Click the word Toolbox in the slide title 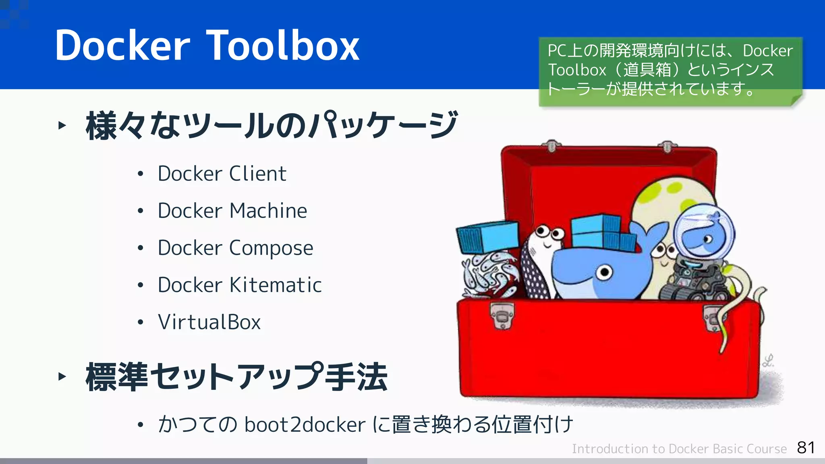pyautogui.click(x=283, y=46)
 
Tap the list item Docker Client pyautogui.click(x=222, y=174)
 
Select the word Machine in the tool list pyautogui.click(x=268, y=211)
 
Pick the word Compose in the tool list pyautogui.click(x=271, y=248)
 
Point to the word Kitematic pyautogui.click(x=276, y=285)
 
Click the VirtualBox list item pyautogui.click(x=209, y=322)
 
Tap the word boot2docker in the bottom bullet pyautogui.click(x=305, y=425)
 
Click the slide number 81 pyautogui.click(x=806, y=447)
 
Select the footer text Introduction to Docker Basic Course pyautogui.click(x=679, y=449)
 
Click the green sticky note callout pyautogui.click(x=670, y=71)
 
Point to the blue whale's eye pyautogui.click(x=605, y=273)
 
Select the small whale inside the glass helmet pyautogui.click(x=705, y=238)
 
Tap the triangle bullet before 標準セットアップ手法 pyautogui.click(x=62, y=377)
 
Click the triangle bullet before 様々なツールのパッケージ pyautogui.click(x=62, y=125)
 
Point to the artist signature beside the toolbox pyautogui.click(x=769, y=360)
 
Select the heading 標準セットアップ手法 pyautogui.click(x=236, y=377)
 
